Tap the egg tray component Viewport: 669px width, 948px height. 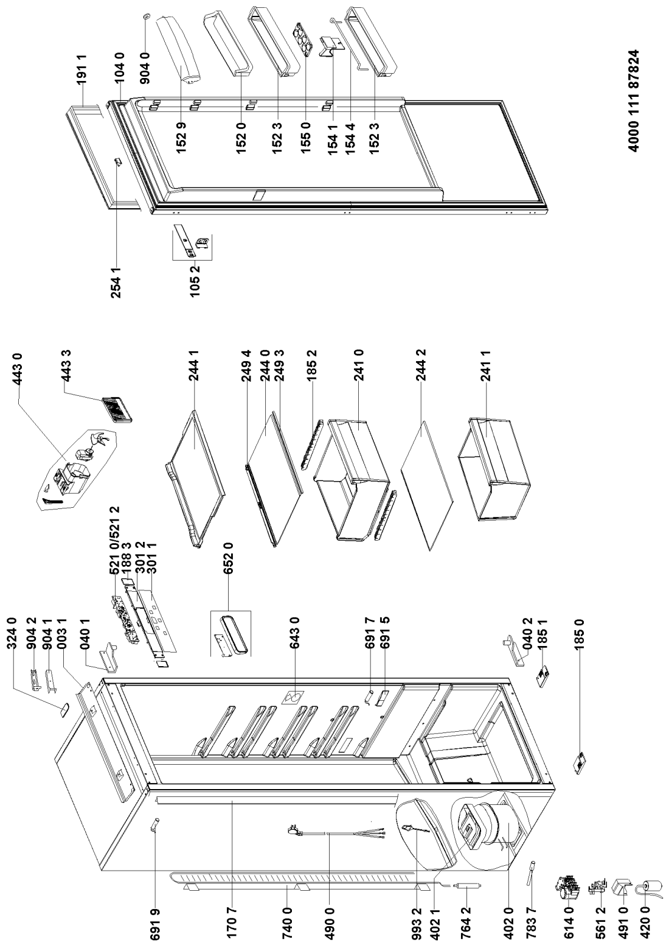point(305,39)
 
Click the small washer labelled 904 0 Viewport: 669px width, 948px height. point(146,15)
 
